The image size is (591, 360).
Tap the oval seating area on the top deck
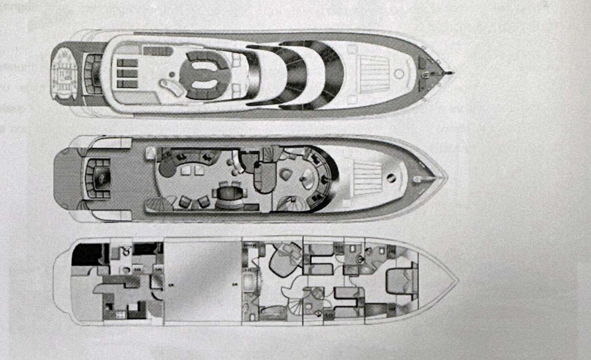201,73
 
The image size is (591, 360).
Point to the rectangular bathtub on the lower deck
249,282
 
